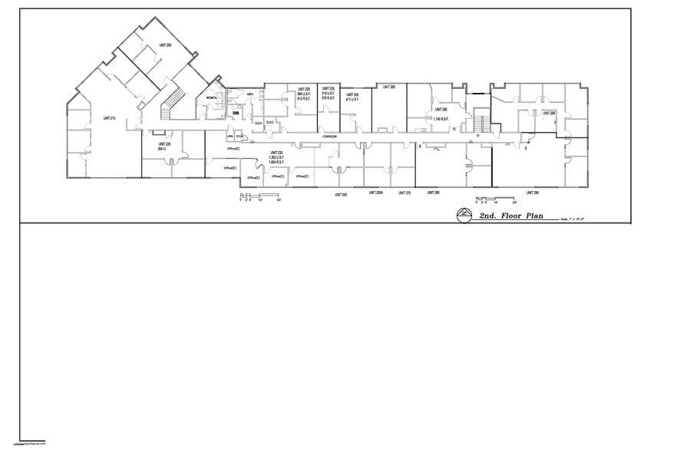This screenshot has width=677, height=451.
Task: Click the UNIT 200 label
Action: [x=165, y=46]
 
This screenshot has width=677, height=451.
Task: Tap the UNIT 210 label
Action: [x=109, y=118]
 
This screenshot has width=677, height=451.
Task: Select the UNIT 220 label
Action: [x=164, y=144]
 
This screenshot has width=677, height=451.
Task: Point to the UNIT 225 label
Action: [x=304, y=90]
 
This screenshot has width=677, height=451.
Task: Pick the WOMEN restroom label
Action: [x=211, y=99]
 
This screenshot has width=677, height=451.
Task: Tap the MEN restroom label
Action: [x=250, y=94]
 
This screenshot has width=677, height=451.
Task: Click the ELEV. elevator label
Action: [x=258, y=123]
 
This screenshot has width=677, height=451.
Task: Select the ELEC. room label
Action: [x=270, y=123]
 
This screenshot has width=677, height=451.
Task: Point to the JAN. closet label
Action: [x=230, y=137]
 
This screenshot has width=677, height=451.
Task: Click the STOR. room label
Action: [x=239, y=137]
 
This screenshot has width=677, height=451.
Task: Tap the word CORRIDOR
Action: [x=329, y=137]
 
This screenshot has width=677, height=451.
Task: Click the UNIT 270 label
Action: [x=405, y=193]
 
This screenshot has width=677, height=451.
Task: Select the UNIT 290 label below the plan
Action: [x=531, y=193]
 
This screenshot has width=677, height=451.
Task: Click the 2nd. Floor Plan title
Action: [x=510, y=216]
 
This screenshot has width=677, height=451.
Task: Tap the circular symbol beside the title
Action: [x=464, y=216]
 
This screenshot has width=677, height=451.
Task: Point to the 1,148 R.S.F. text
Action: [x=441, y=119]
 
